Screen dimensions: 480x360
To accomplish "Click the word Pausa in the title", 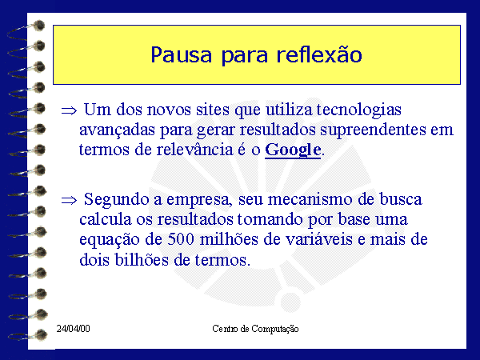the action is pyautogui.click(x=182, y=55).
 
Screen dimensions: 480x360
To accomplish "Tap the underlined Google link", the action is pyautogui.click(x=293, y=150).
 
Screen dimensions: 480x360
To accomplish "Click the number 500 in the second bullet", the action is pyautogui.click(x=181, y=239).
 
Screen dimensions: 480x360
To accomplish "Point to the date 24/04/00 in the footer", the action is pyautogui.click(x=73, y=329).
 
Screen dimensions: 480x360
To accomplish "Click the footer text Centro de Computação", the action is pyautogui.click(x=255, y=329).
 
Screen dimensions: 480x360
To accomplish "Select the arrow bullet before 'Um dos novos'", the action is pyautogui.click(x=69, y=110).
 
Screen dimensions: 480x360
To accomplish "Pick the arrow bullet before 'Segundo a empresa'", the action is pyautogui.click(x=69, y=201).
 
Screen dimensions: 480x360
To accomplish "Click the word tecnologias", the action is pyautogui.click(x=358, y=110).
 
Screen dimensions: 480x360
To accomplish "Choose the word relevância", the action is pyautogui.click(x=194, y=150).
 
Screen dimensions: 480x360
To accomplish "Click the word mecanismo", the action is pyautogui.click(x=310, y=199).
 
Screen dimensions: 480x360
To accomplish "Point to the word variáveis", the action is pyautogui.click(x=319, y=239).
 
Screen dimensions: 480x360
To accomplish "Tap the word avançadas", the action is pyautogui.click(x=118, y=130).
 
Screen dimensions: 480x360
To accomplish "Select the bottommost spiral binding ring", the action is pyautogui.click(x=27, y=335).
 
